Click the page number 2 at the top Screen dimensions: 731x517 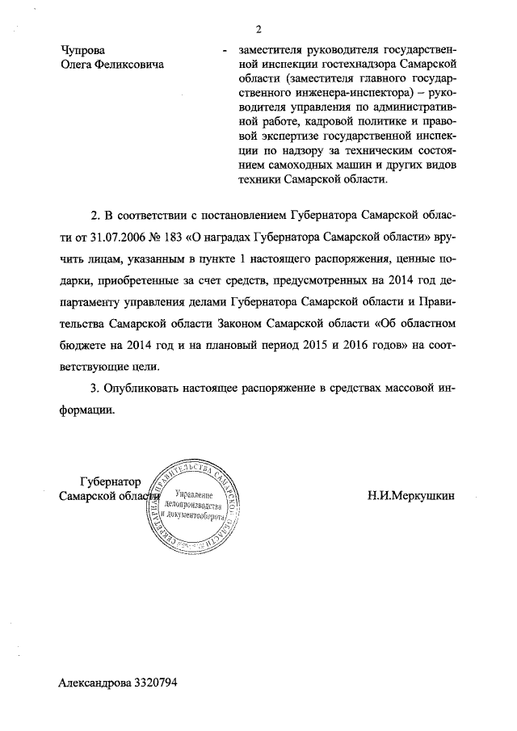tap(258, 31)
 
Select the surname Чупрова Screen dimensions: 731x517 tap(83, 50)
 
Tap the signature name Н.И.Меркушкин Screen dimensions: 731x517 tap(410, 494)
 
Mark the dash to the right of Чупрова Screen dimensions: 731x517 tap(222, 51)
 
